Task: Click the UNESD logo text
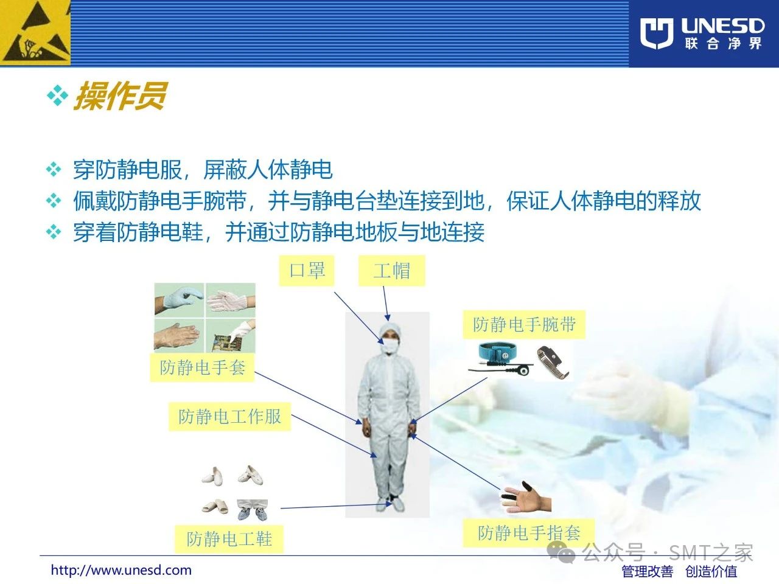click(722, 26)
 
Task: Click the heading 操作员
click(120, 96)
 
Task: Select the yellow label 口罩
click(307, 271)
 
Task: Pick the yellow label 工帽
click(391, 271)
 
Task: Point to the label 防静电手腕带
click(524, 324)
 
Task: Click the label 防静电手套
click(202, 367)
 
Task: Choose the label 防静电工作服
click(229, 417)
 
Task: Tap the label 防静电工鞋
click(229, 539)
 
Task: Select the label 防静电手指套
click(529, 533)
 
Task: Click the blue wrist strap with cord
click(500, 358)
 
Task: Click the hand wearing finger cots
click(526, 497)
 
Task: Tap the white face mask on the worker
click(390, 346)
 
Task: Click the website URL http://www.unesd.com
click(121, 571)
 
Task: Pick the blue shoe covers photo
click(253, 510)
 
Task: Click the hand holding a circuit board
click(231, 336)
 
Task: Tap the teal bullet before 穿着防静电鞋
click(54, 232)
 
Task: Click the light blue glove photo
click(179, 300)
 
